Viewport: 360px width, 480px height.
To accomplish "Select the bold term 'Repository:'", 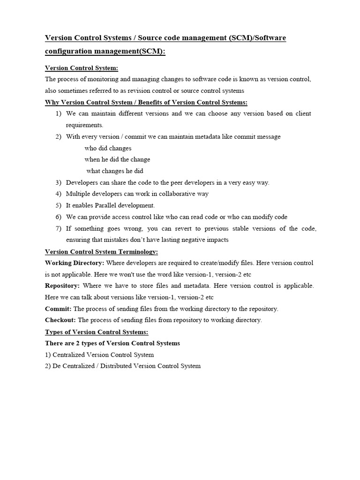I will [62, 285].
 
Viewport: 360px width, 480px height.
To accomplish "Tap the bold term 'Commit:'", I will [58, 309].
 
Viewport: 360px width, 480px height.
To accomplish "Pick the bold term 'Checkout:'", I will [60, 320].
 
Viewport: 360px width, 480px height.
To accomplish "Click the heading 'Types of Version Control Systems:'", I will [97, 332].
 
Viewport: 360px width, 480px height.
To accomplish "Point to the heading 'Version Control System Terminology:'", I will [101, 251].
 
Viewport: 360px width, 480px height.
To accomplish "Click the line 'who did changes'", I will [108, 148].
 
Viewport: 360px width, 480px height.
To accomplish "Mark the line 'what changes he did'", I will [115, 171].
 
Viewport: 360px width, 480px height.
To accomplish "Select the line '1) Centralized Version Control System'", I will [99, 355].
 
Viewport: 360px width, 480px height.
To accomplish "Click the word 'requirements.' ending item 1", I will [84, 125].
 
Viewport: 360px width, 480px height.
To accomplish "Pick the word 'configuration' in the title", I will [67, 51].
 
